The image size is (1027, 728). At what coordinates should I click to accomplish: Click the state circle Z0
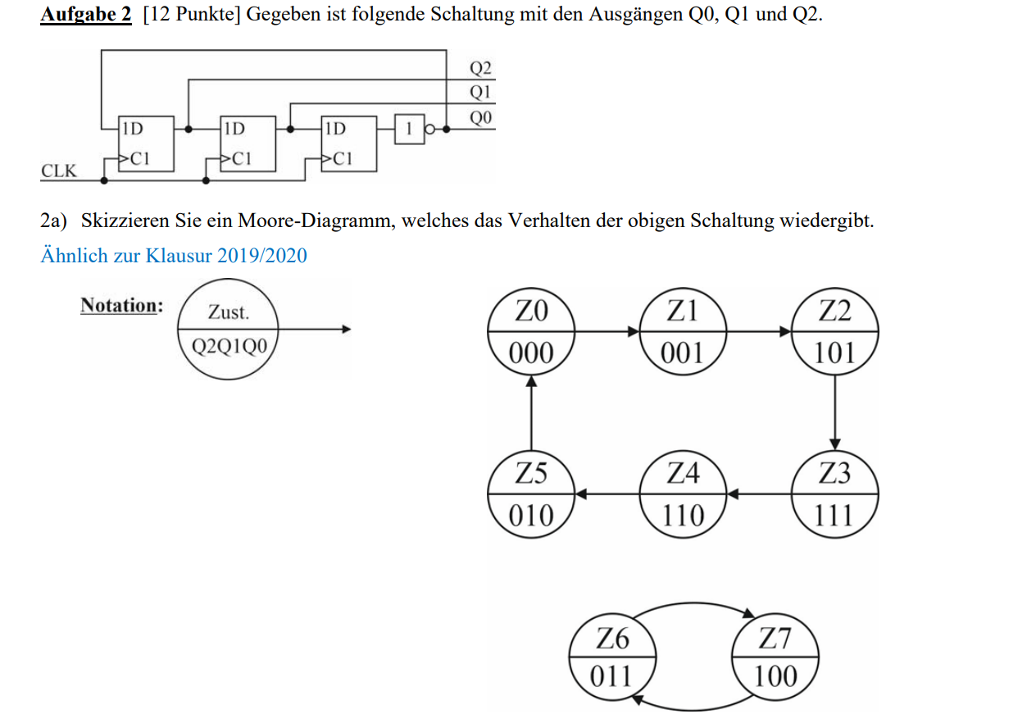point(531,332)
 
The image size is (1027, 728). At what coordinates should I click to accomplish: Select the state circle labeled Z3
point(834,494)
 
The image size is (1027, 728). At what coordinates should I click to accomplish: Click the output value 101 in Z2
point(834,353)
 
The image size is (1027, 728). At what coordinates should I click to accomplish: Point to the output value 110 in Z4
point(683,516)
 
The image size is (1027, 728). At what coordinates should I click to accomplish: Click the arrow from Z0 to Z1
point(607,331)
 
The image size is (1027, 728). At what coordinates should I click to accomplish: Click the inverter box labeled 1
point(408,128)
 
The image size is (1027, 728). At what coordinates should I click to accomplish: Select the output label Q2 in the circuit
point(480,67)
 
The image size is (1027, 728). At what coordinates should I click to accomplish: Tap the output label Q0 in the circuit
point(480,118)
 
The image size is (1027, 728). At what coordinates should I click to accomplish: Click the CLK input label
point(58,171)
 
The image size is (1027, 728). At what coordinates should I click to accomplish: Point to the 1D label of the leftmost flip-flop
point(132,128)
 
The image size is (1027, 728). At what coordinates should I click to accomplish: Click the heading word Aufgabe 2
point(85,16)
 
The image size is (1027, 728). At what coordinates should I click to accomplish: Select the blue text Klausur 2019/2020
point(226,256)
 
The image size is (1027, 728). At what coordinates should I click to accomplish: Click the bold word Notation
point(120,306)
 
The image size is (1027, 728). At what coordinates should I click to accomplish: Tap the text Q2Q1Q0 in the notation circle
point(229,345)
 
